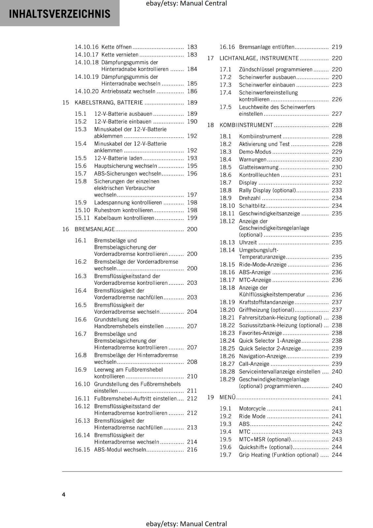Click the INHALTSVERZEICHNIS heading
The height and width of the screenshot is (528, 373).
59,14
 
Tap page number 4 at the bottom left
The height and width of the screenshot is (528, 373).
64,494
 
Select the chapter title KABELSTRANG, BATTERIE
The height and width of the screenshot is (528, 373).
109,103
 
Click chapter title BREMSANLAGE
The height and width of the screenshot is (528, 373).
94,229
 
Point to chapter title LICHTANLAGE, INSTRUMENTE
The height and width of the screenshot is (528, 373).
259,58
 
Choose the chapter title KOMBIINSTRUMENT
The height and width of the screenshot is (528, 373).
246,125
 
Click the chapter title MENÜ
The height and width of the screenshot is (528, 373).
227,397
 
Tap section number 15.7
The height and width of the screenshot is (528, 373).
80,174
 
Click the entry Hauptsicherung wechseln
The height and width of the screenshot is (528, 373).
125,166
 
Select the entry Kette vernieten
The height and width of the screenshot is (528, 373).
120,55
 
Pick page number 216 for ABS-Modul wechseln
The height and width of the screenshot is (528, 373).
192,449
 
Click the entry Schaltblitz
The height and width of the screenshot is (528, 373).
252,206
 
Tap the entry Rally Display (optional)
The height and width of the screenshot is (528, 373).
267,190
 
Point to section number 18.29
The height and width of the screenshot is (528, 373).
227,379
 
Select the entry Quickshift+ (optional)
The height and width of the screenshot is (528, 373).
265,447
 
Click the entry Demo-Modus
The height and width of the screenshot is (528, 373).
255,152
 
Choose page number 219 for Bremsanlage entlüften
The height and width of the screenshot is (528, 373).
337,47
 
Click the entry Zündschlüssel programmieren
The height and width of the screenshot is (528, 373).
275,70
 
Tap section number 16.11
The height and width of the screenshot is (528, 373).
82,399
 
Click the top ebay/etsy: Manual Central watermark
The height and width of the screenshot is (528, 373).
186,4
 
